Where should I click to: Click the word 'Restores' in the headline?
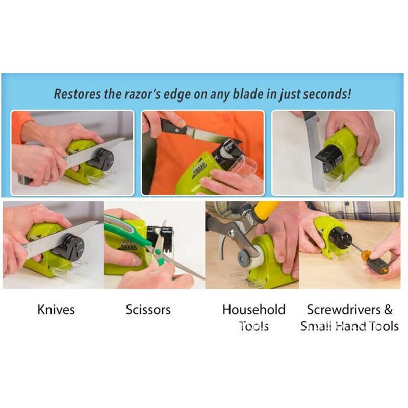[77, 94]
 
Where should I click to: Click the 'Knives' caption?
[56, 310]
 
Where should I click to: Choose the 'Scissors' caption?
[148, 310]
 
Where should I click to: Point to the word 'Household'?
[254, 310]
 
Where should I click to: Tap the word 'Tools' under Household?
[253, 326]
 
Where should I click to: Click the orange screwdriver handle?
[376, 261]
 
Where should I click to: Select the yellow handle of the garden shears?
[266, 210]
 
